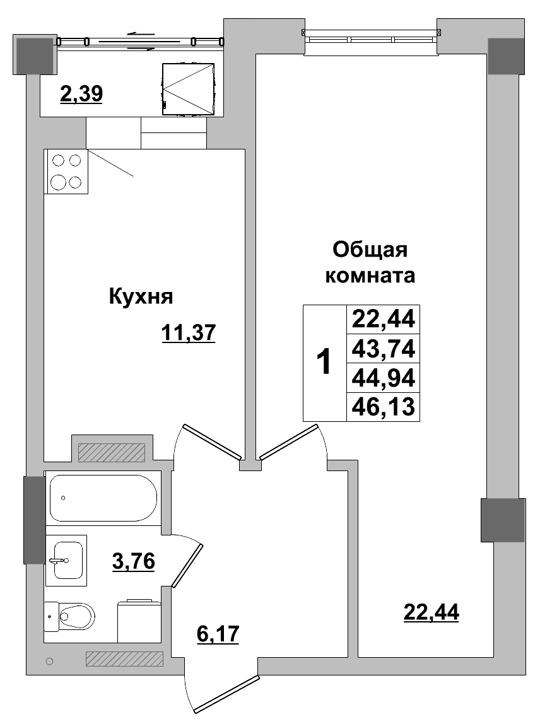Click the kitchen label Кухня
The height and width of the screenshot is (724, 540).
click(x=141, y=296)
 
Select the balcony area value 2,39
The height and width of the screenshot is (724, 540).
click(x=81, y=94)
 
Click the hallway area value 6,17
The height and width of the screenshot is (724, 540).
click(x=218, y=633)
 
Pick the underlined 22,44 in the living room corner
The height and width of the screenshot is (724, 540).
click(x=431, y=611)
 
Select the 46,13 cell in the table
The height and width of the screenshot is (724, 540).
click(x=383, y=407)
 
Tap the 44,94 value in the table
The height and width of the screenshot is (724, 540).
click(x=383, y=377)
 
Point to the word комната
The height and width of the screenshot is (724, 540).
click(x=370, y=276)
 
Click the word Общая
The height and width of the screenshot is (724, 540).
click(x=370, y=250)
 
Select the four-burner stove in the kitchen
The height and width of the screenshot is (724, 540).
click(x=66, y=171)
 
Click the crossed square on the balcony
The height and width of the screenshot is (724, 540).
click(x=189, y=88)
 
